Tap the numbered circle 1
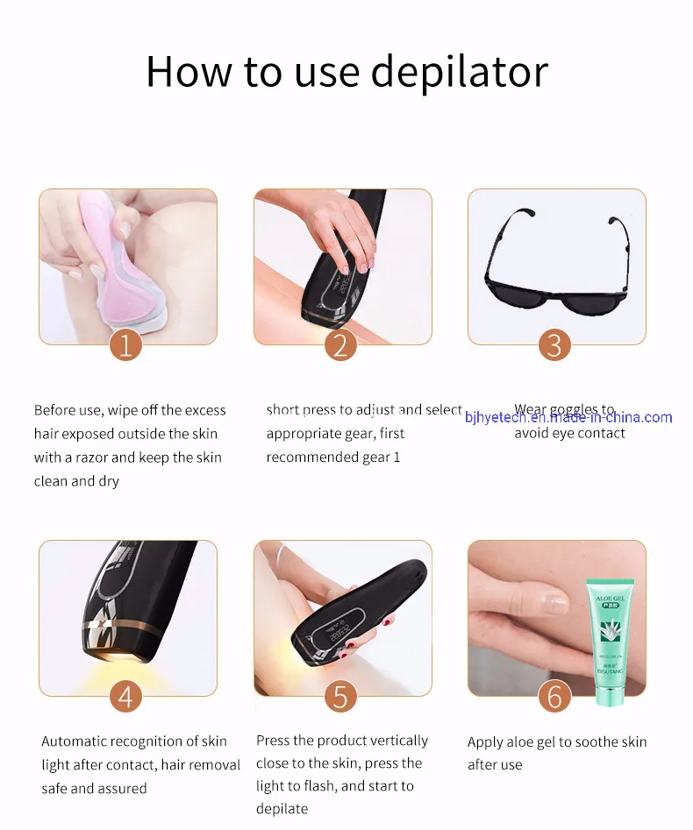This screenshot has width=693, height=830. (x=125, y=344)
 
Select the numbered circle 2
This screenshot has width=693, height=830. (x=341, y=344)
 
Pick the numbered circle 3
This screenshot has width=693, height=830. (x=554, y=344)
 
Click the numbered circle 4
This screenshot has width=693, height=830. (x=125, y=697)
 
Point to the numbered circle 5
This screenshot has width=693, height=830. (x=340, y=697)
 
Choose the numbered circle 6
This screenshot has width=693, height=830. (x=554, y=697)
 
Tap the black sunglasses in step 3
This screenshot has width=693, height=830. (x=555, y=263)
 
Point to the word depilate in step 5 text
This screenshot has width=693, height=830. (x=282, y=808)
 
